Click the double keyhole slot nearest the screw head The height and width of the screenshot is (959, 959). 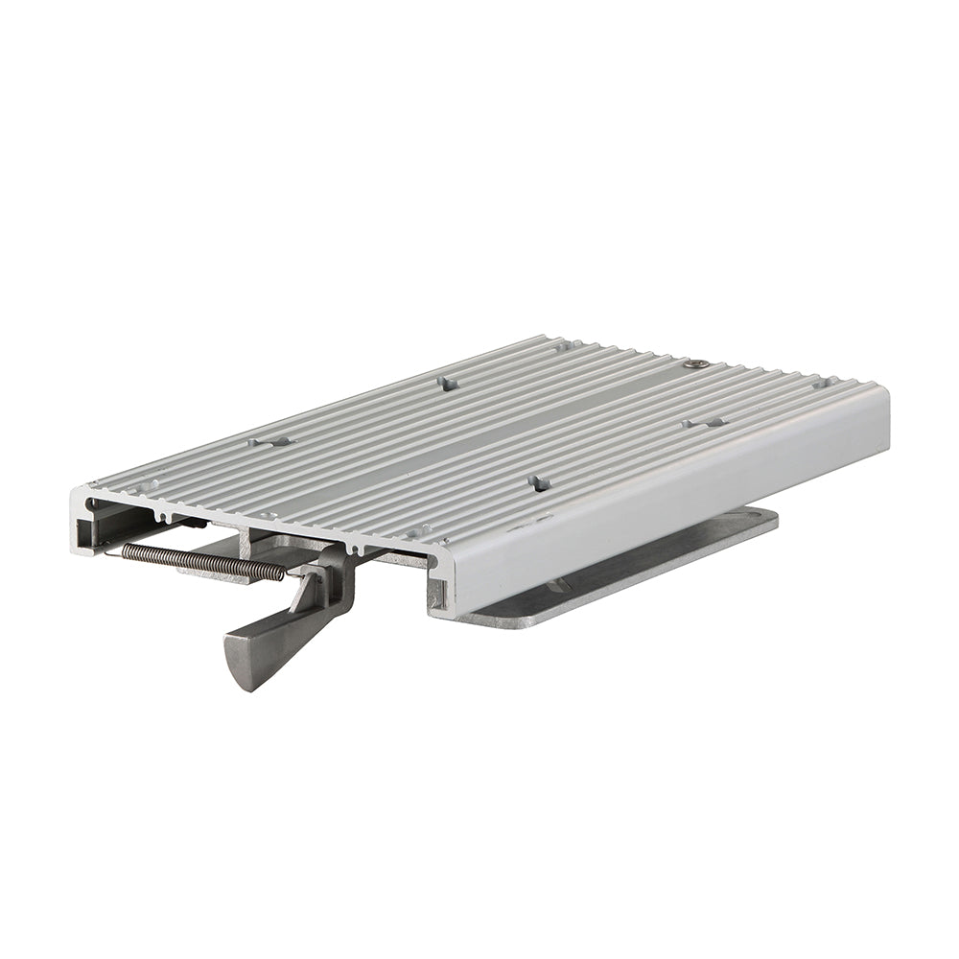(x=705, y=422)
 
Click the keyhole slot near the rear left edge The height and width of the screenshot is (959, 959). (x=446, y=382)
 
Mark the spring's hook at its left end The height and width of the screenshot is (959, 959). (x=125, y=549)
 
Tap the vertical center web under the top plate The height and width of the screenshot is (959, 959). (x=247, y=541)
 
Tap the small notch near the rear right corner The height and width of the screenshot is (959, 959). (x=820, y=382)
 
